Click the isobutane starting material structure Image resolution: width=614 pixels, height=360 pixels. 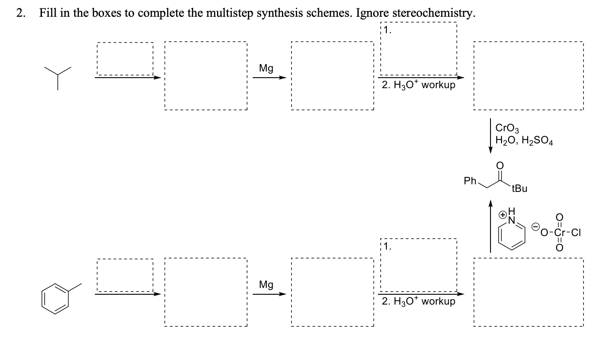(x=57, y=76)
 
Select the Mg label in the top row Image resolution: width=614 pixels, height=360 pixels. (x=266, y=68)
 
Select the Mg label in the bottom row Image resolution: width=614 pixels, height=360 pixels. (x=266, y=285)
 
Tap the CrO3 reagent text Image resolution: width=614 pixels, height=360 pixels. (x=508, y=129)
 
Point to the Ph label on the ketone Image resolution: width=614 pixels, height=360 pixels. (x=470, y=181)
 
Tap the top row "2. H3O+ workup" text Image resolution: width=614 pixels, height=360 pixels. (x=419, y=85)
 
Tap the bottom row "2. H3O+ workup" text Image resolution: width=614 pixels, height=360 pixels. (x=419, y=301)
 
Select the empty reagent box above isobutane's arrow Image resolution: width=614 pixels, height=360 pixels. (x=124, y=59)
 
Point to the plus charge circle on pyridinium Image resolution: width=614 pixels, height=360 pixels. (x=502, y=215)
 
